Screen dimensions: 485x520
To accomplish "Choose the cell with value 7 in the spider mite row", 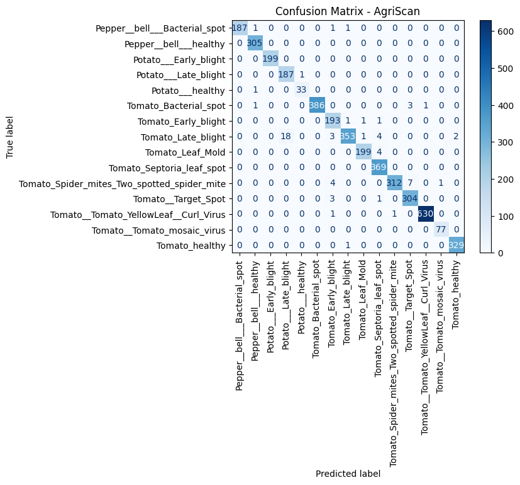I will pyautogui.click(x=410, y=183).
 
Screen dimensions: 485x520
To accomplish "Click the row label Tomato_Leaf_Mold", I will pyautogui.click(x=185, y=152).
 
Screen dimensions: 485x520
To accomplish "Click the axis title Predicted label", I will pyautogui.click(x=348, y=474).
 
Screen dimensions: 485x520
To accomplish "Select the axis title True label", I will pyautogui.click(x=10, y=137).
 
